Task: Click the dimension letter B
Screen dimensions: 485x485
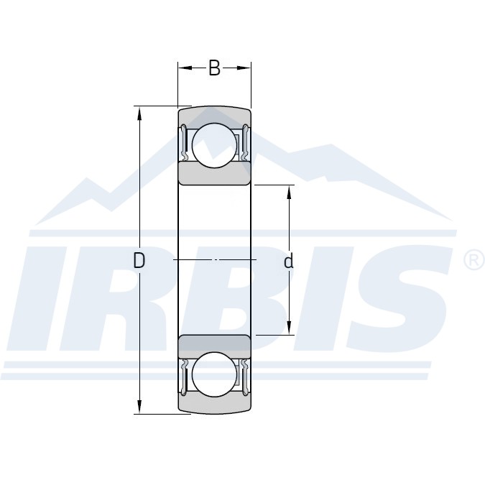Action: coord(214,68)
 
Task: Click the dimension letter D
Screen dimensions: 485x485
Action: coord(139,260)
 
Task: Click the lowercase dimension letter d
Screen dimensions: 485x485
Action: coord(288,261)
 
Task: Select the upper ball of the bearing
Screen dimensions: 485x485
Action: coord(214,145)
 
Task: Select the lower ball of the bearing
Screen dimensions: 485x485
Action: coord(214,374)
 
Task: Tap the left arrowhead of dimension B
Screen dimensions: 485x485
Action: coord(185,68)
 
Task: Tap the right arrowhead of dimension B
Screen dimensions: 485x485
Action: coord(244,68)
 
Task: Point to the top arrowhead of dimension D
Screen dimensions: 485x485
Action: coord(139,114)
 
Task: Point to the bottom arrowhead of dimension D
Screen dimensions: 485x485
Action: coord(139,407)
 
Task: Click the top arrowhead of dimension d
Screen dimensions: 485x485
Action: coord(290,193)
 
